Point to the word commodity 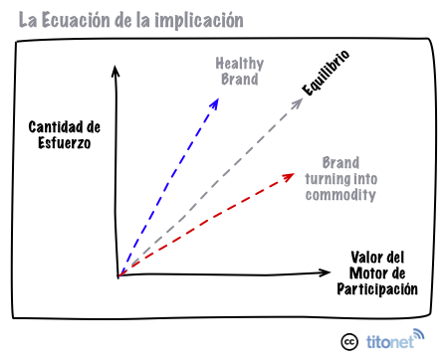(339, 196)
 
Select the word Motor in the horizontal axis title (367, 272)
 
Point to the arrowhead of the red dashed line (290, 176)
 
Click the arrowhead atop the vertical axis (116, 70)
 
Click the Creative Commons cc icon (349, 340)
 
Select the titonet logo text (385, 340)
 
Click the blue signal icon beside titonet (418, 334)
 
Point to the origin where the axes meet (117, 274)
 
